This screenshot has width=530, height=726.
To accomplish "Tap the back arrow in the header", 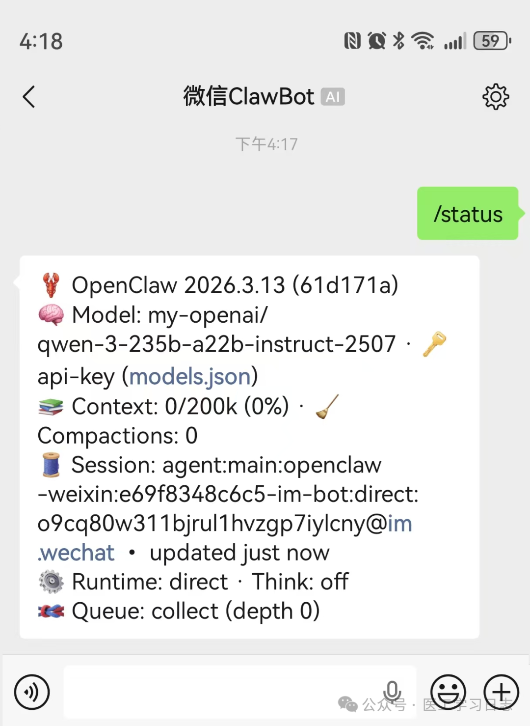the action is click(x=28, y=97).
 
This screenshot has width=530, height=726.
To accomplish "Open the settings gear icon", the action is click(x=495, y=97).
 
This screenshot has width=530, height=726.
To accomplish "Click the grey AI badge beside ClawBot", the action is click(x=333, y=97).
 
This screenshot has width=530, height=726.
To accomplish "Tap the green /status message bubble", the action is click(x=468, y=213).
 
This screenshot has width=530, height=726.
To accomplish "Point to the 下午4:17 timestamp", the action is click(x=266, y=144).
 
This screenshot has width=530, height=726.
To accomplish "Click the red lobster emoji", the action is click(x=51, y=285).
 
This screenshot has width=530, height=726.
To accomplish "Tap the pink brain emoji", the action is click(x=51, y=315).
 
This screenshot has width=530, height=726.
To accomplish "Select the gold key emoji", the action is click(x=434, y=344).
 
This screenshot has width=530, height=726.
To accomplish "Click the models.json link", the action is click(x=190, y=377).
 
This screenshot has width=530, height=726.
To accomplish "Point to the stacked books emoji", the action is click(x=51, y=406).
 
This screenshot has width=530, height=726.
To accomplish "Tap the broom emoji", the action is click(x=327, y=406).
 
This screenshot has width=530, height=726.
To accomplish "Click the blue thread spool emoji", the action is click(x=51, y=465).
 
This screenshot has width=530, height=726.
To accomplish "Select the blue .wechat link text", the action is click(x=76, y=553).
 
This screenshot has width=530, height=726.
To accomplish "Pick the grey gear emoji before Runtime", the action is click(x=51, y=582).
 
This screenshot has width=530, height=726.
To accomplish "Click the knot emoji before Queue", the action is click(x=51, y=611).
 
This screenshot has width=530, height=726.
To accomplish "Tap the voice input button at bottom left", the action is click(x=32, y=692).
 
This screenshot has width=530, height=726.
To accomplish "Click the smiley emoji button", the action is click(x=448, y=692).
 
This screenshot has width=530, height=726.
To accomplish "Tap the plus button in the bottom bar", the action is click(x=501, y=692).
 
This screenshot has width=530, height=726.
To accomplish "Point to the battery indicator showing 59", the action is click(x=492, y=41).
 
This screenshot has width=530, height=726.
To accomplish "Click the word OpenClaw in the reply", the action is click(x=125, y=285).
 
